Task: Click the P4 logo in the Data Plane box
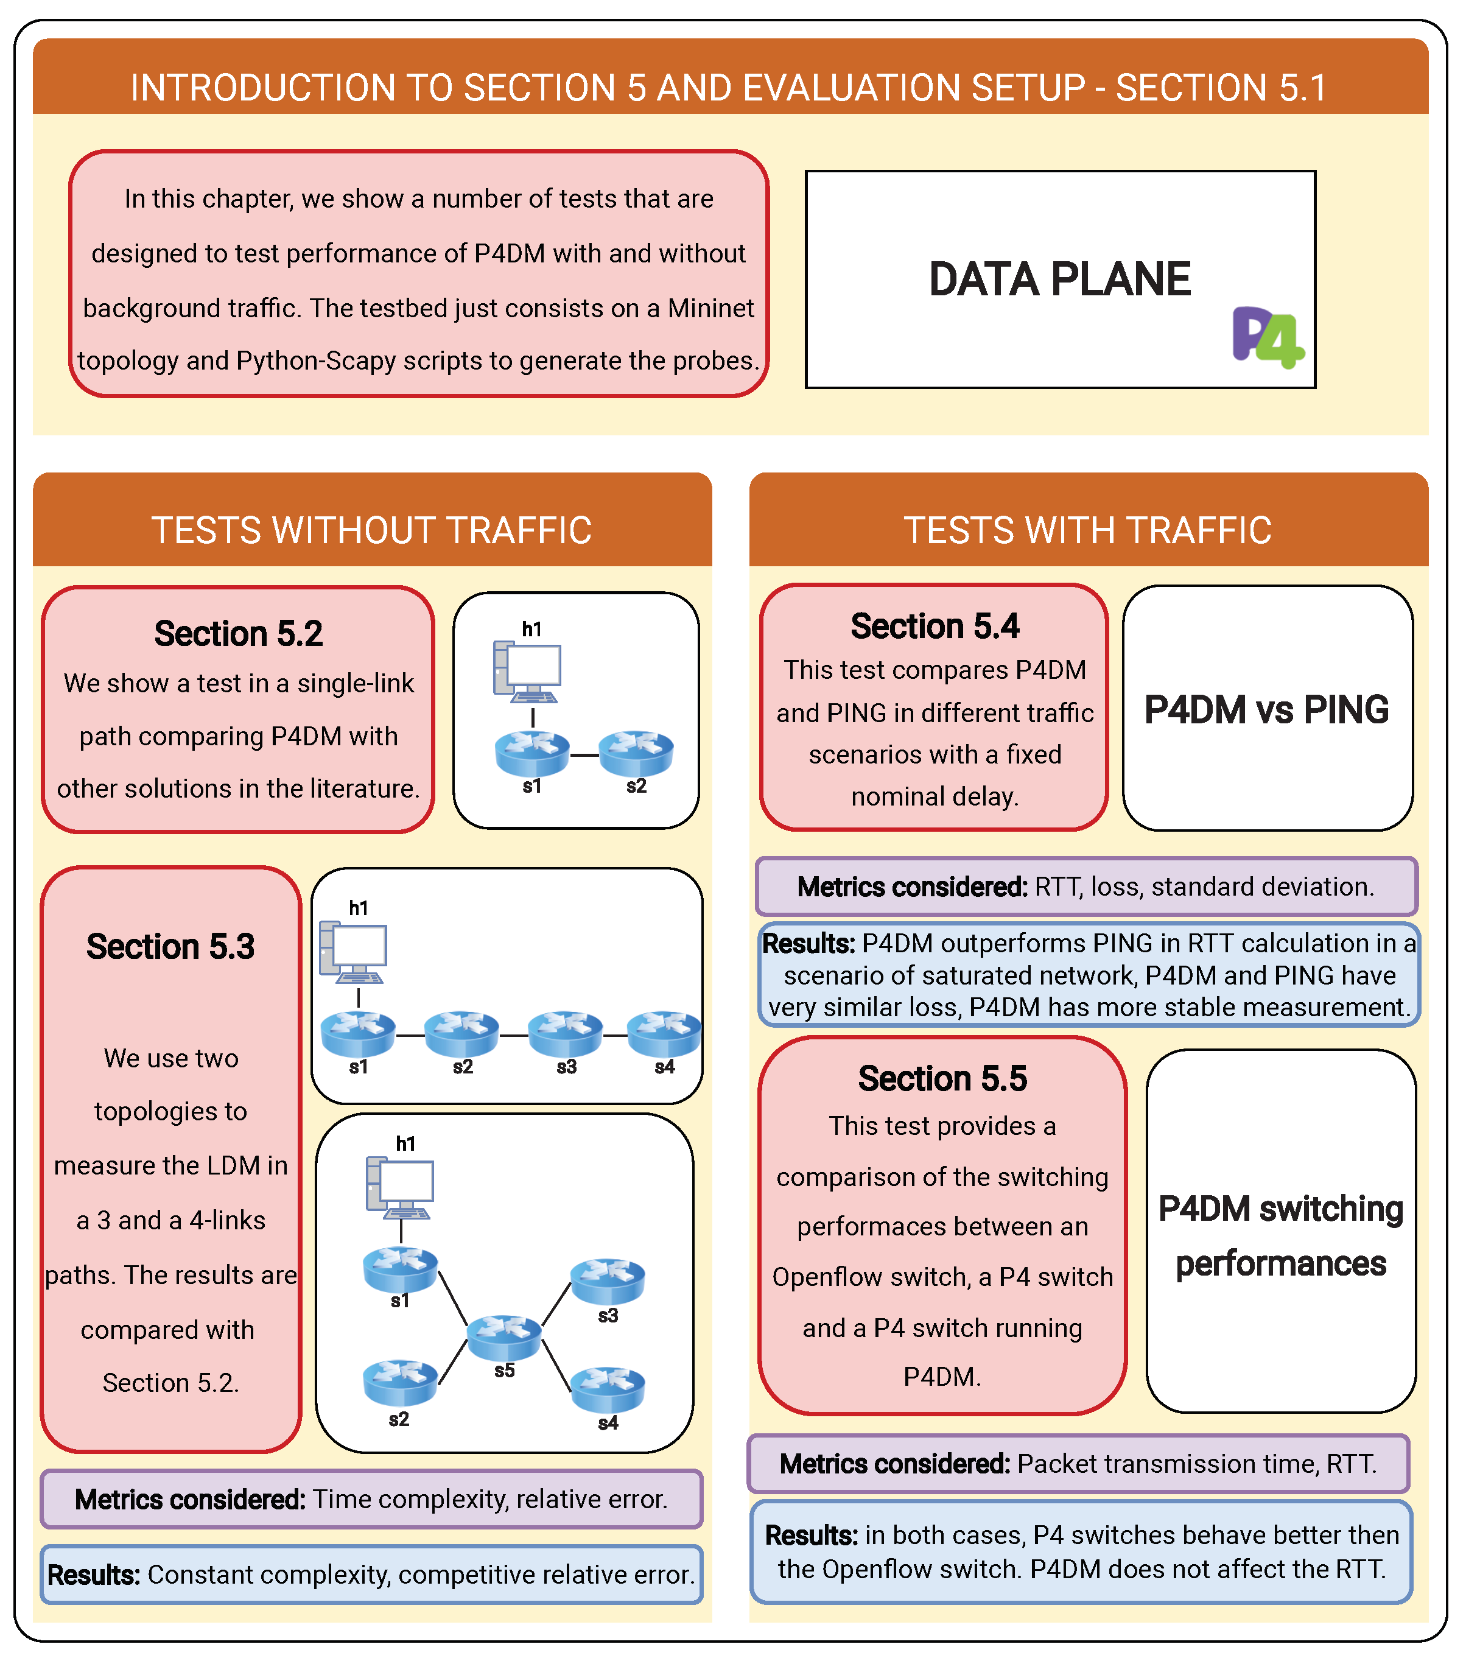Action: tap(1266, 337)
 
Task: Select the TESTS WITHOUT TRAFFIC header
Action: tap(371, 530)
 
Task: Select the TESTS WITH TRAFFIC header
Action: tap(1087, 530)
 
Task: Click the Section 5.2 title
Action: tap(238, 634)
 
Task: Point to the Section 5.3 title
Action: tap(170, 947)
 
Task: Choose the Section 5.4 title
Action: tap(935, 627)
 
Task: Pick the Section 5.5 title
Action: tap(942, 1078)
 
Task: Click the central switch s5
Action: tap(504, 1336)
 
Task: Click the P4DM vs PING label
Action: tap(1266, 709)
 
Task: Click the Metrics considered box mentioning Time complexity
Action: tap(371, 1499)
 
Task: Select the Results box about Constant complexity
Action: tap(371, 1575)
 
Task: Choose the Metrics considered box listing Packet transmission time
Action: tap(1078, 1464)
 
